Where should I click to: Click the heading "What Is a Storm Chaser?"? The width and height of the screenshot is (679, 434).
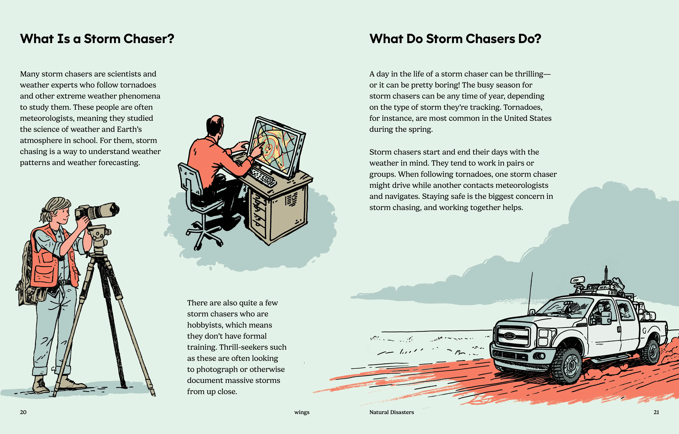point(97,39)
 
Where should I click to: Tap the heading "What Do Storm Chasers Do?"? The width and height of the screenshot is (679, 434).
point(455,39)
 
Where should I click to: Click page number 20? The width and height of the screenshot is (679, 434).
point(23,412)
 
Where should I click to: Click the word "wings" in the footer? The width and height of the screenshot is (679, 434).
point(302,412)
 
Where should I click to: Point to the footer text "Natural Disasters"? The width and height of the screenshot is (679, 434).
point(392,412)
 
